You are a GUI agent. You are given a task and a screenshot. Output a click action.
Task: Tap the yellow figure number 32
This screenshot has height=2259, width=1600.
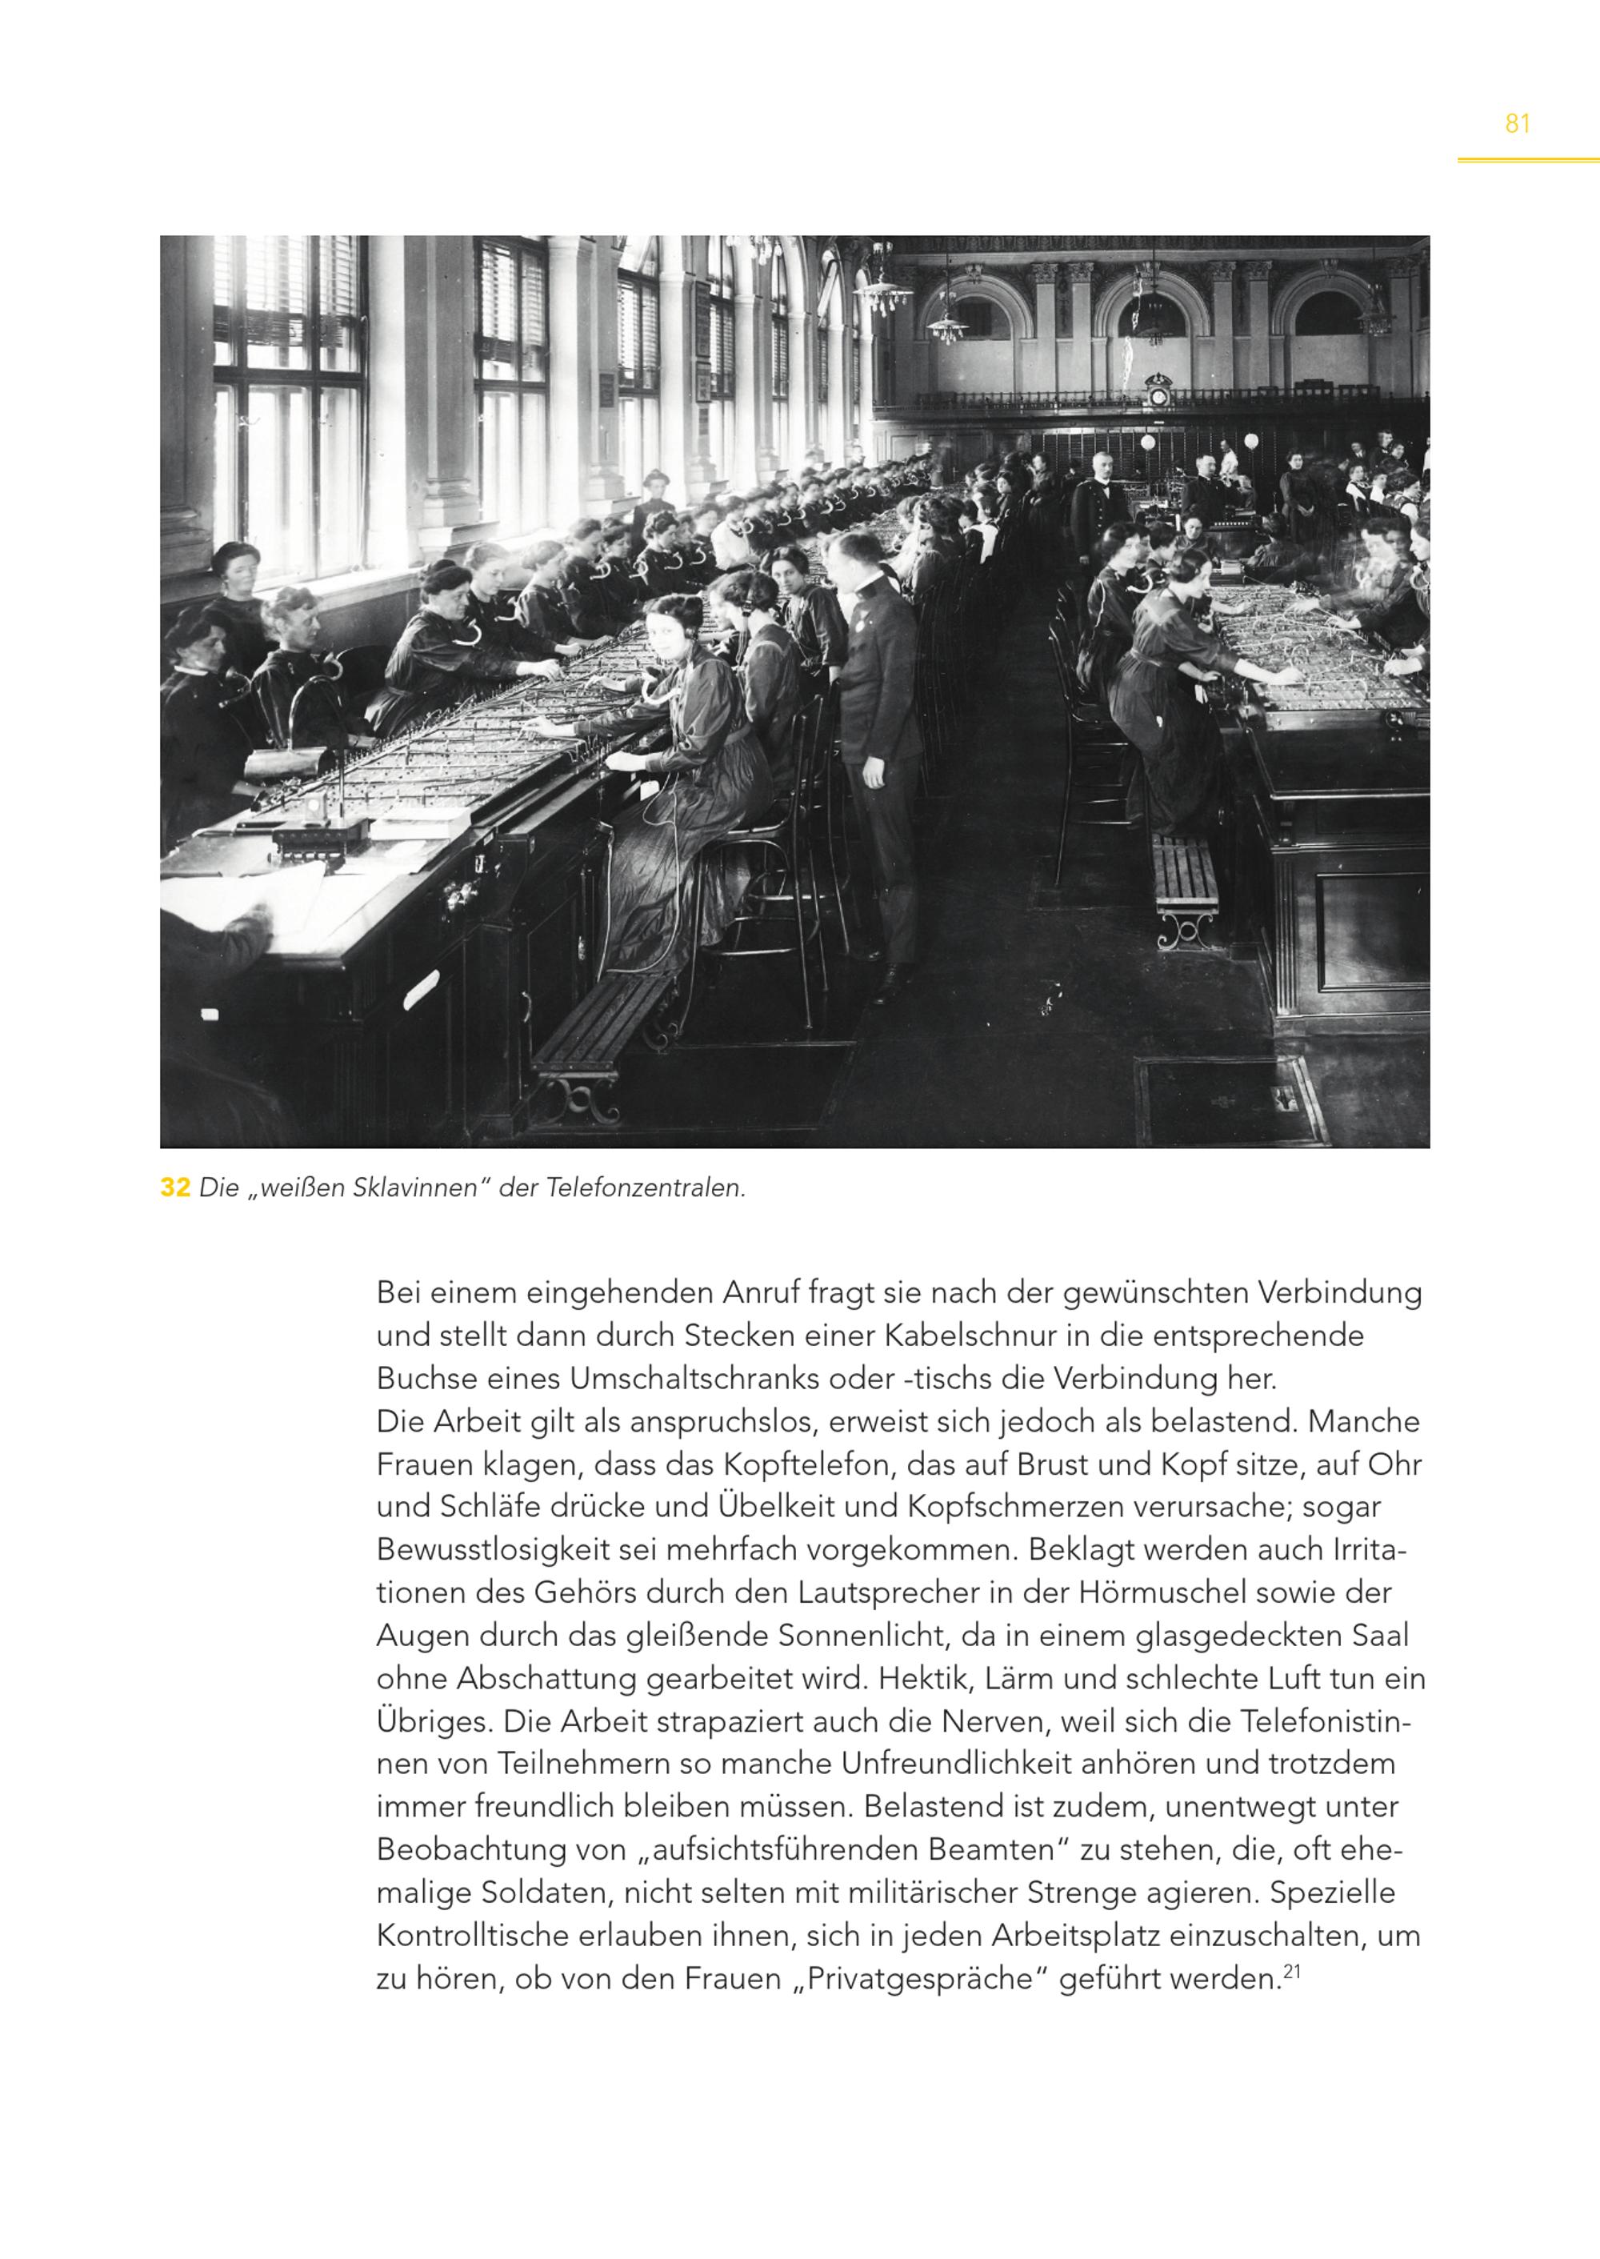(174, 1188)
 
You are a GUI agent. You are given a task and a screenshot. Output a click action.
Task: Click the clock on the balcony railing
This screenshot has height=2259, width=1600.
(1158, 395)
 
